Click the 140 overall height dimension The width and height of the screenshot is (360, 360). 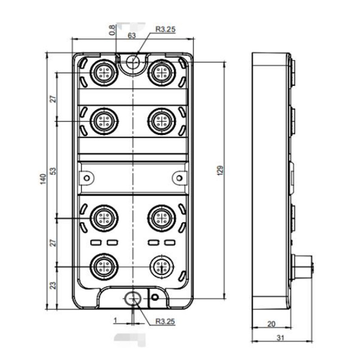43,179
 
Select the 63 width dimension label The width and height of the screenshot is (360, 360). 131,36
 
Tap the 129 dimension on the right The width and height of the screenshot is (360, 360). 220,171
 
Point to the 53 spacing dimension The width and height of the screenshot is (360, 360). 53,171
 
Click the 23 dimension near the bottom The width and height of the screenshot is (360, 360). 53,285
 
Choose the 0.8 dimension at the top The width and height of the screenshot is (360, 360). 112,30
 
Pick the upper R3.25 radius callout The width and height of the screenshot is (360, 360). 165,29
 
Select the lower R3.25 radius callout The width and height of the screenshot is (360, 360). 165,321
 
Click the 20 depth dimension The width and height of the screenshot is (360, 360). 271,324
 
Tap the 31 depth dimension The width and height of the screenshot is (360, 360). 280,338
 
